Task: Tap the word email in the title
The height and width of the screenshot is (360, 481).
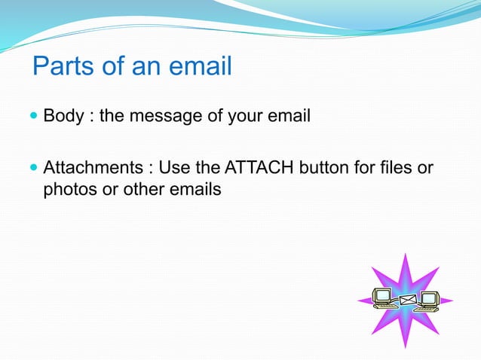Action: click(x=197, y=66)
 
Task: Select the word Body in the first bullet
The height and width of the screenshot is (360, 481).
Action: click(x=60, y=117)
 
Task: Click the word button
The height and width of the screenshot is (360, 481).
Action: click(x=325, y=167)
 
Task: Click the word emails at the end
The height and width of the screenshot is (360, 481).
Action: click(x=198, y=189)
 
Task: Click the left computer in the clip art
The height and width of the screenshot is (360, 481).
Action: click(x=382, y=299)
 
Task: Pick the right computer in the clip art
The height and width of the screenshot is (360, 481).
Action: click(x=429, y=301)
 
